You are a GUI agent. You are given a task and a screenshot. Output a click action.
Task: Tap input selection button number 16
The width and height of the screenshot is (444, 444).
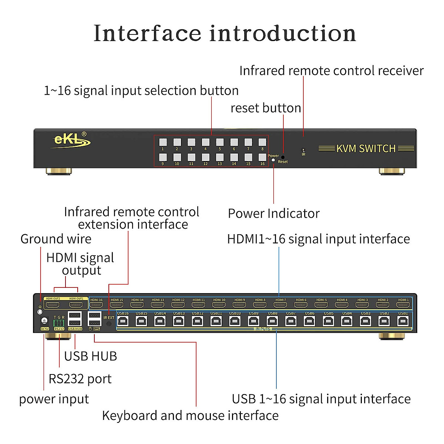pos(262,157)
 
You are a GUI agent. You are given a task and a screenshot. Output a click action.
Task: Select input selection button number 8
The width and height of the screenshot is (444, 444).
pos(262,142)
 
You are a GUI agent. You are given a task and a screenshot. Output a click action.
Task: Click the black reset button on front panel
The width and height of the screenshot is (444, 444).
pos(283,157)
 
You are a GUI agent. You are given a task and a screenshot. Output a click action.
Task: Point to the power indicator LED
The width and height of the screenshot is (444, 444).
pos(273,160)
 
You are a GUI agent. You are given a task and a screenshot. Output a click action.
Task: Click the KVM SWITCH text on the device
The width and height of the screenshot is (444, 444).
pos(366,149)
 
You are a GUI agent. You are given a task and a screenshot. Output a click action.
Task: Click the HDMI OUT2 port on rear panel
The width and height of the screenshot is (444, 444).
pos(53,305)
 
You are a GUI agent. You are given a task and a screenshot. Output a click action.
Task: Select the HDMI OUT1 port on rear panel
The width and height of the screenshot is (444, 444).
pos(76,305)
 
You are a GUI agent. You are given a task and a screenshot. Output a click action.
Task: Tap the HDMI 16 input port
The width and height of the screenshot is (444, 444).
pos(96,305)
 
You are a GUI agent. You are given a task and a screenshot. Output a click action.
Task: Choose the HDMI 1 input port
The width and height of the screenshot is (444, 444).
pos(403,305)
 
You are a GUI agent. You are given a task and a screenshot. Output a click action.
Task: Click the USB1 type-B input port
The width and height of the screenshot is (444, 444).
pos(403,321)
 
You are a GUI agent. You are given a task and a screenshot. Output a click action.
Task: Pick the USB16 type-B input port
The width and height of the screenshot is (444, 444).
pos(123,321)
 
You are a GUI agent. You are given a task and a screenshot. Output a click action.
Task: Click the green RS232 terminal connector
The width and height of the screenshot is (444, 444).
pos(59,322)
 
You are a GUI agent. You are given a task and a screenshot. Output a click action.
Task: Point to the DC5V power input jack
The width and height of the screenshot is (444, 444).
pos(44,321)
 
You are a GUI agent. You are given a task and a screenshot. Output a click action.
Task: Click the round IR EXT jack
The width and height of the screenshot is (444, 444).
pos(109,324)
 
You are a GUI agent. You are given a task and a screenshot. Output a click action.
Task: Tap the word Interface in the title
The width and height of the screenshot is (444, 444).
pos(147,33)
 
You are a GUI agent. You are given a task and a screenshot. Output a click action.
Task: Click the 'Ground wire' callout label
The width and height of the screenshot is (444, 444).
pos(56,239)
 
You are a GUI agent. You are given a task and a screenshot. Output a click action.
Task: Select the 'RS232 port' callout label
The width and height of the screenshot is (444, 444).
pos(80,379)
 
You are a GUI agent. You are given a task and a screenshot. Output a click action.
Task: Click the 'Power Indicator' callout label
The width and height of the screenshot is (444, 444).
pos(273,213)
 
